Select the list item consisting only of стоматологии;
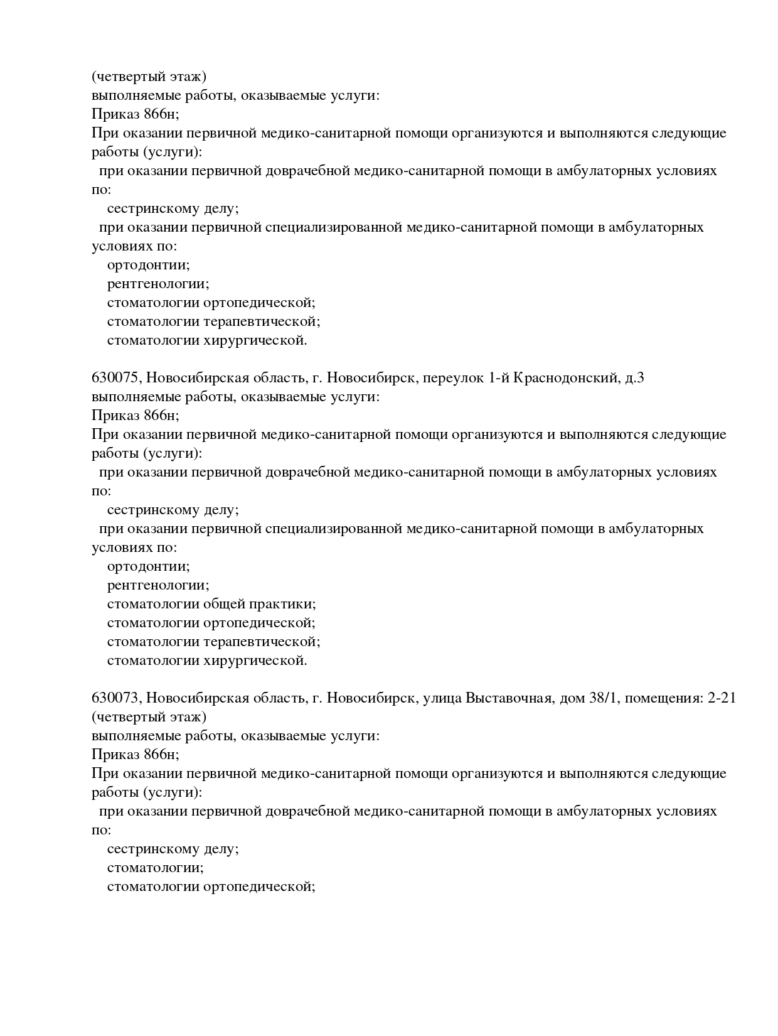click(x=155, y=868)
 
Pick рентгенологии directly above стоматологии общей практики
click(x=158, y=585)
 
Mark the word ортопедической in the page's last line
click(x=259, y=887)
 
